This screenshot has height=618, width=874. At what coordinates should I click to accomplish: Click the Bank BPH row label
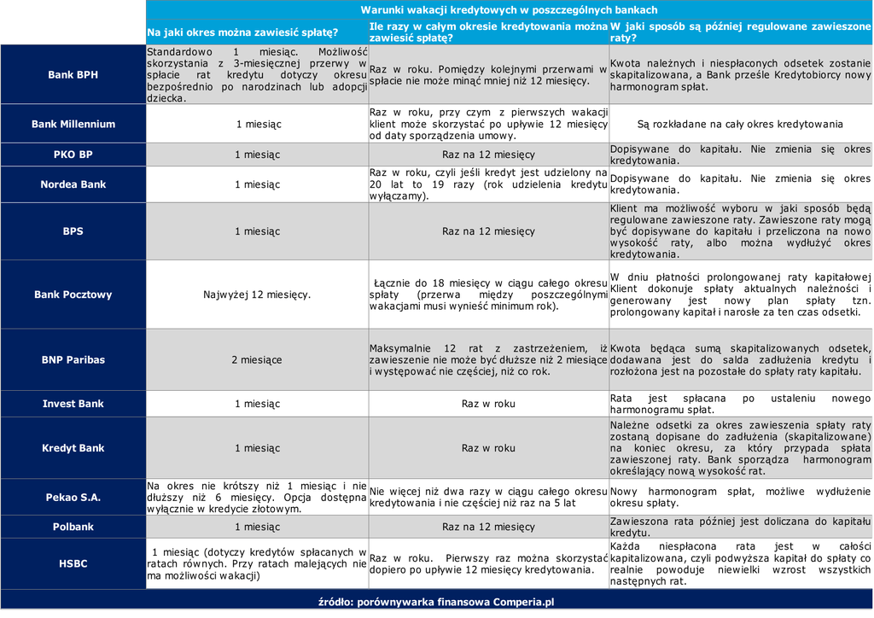(73, 75)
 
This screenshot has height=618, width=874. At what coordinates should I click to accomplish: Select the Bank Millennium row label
(73, 125)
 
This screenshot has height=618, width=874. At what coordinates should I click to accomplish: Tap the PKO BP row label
(73, 155)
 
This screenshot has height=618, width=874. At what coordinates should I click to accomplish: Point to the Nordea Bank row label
(73, 184)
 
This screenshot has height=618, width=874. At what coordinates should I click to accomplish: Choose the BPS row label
(73, 231)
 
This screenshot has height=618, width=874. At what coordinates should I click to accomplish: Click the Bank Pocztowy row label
(73, 295)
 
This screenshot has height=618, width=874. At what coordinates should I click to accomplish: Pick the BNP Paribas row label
(73, 360)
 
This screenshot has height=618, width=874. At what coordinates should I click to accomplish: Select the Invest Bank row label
(73, 404)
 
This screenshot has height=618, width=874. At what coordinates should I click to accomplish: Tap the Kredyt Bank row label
(73, 448)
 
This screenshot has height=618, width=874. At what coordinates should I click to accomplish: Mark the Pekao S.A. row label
(73, 498)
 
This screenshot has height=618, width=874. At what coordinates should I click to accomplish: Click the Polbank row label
(73, 528)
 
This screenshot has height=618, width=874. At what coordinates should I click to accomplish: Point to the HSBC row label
(73, 564)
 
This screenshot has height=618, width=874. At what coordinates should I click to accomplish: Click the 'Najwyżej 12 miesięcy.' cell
(257, 295)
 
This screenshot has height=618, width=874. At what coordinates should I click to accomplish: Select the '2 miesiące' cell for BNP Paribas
(257, 360)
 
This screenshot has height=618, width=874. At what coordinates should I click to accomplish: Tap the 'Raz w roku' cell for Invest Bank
(488, 404)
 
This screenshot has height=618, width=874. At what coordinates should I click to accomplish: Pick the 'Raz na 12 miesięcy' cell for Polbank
(488, 528)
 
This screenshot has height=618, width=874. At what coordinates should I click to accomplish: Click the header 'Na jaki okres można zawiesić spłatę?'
(243, 32)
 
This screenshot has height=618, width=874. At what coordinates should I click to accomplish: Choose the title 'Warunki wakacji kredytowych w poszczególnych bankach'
(509, 10)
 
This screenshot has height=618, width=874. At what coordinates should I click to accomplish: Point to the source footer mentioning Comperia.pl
(436, 602)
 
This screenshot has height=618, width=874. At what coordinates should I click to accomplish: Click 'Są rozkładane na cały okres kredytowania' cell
(740, 125)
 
